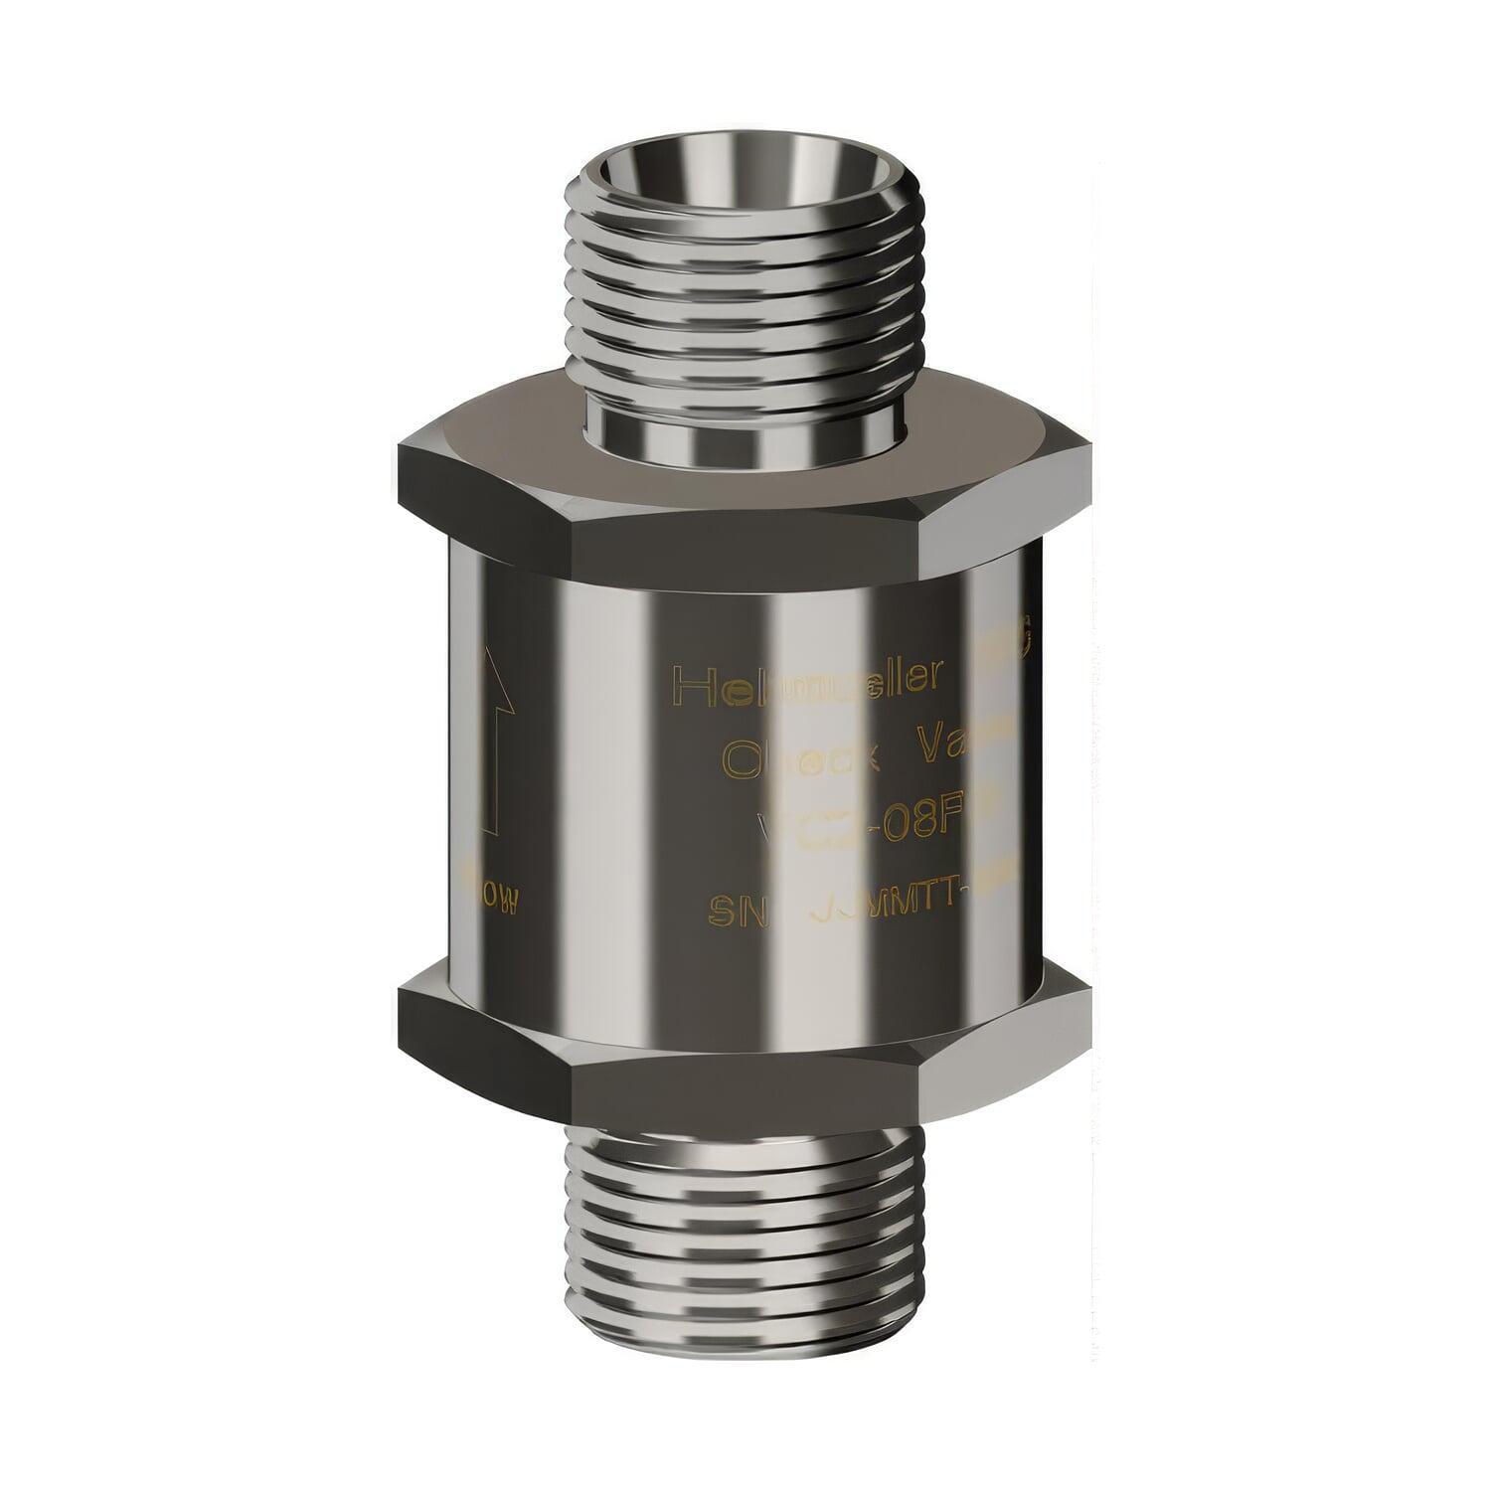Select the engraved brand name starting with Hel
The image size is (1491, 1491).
coord(807,681)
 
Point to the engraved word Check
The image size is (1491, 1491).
coord(801,759)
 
